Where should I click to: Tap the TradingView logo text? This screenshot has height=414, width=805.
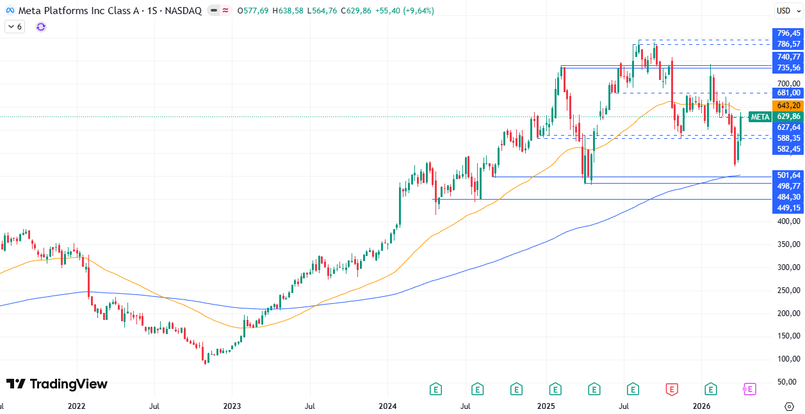tap(57, 384)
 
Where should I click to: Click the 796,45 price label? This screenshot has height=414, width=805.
tap(788, 33)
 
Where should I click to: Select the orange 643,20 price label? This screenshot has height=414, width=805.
tap(788, 106)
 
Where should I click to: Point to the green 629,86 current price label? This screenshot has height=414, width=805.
tap(788, 116)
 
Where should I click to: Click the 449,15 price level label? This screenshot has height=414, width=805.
tap(788, 208)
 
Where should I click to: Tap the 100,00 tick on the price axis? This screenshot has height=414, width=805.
tap(788, 359)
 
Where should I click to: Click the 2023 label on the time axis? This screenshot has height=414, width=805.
tap(232, 406)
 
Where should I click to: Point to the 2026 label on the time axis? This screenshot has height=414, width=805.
tap(702, 406)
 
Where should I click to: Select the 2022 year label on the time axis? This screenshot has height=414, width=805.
tap(76, 406)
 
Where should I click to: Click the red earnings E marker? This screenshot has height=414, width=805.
tap(672, 388)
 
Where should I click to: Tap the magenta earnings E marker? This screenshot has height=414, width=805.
tap(749, 388)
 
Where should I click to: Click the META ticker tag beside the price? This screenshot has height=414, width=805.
tap(760, 116)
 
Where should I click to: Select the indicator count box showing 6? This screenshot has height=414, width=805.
tap(14, 27)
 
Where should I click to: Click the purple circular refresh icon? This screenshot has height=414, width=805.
tap(41, 27)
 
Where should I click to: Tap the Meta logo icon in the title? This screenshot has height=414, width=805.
tap(10, 11)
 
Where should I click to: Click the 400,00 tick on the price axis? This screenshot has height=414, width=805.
tap(788, 221)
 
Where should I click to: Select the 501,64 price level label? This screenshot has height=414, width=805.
tap(788, 175)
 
